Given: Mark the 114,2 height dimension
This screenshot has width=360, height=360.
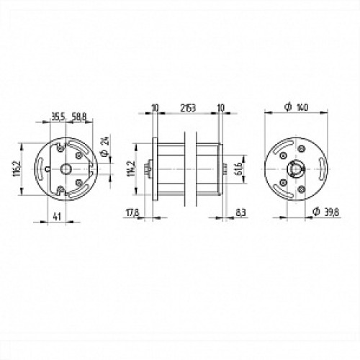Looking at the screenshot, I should (130, 168).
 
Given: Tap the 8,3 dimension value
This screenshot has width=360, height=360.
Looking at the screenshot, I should (239, 213).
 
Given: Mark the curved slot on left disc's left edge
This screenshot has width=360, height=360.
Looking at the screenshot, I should (48, 168).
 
